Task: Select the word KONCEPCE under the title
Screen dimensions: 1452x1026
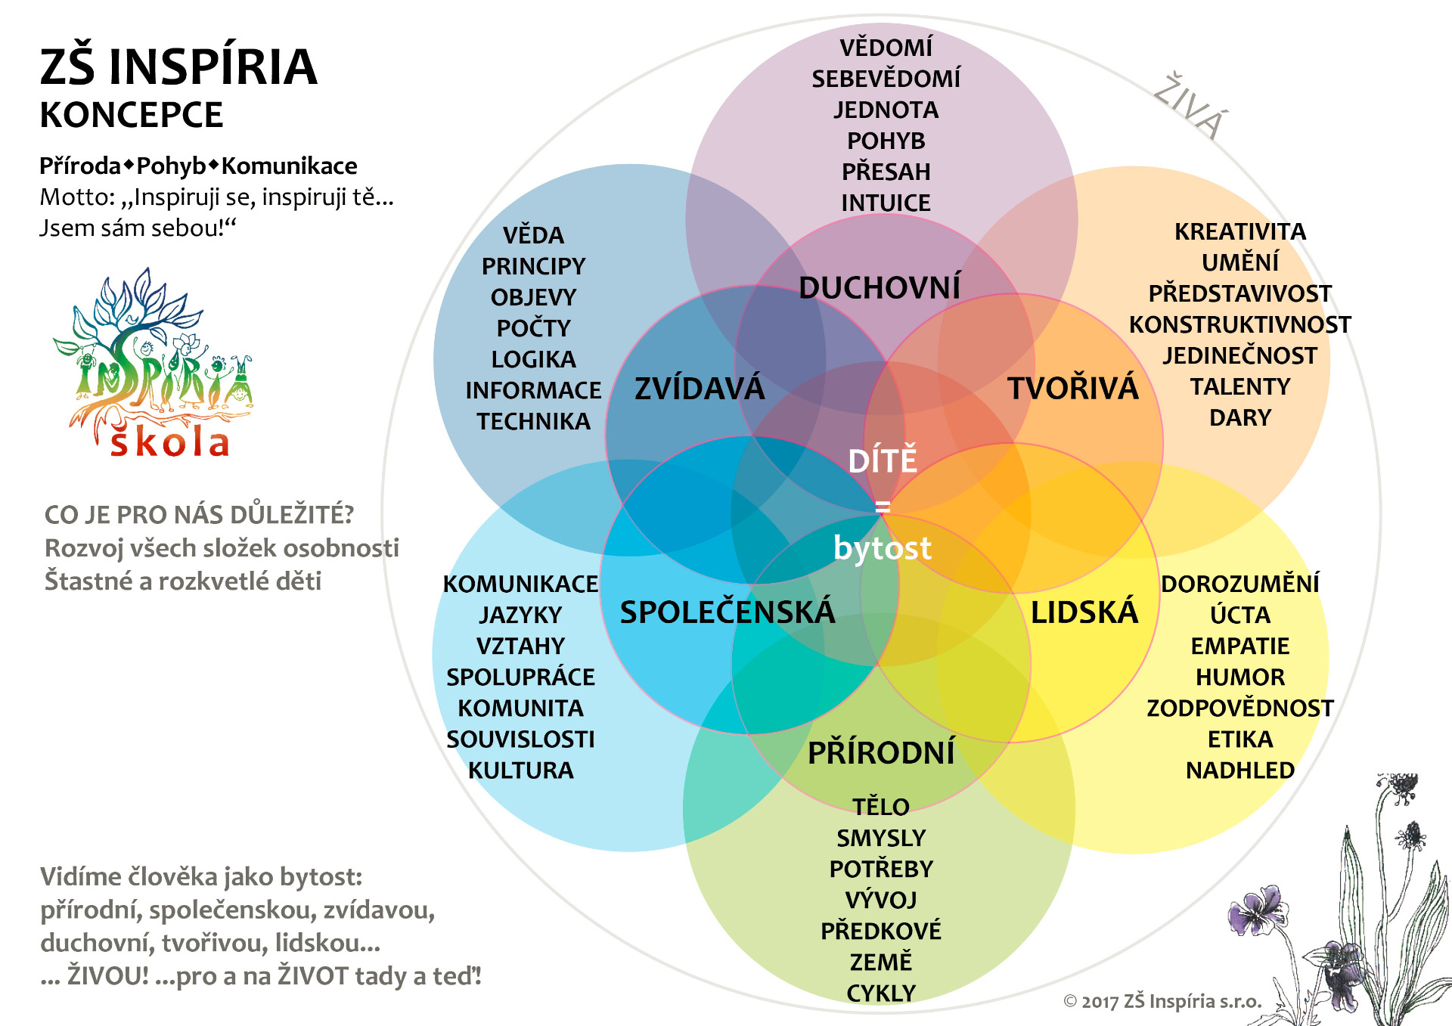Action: pyautogui.click(x=132, y=116)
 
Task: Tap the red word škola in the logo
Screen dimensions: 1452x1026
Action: pyautogui.click(x=169, y=442)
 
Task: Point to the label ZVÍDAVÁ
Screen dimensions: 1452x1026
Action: pyautogui.click(x=700, y=389)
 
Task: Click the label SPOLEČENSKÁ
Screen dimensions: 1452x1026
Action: pyautogui.click(x=728, y=611)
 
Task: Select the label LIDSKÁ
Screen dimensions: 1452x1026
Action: pyautogui.click(x=1084, y=611)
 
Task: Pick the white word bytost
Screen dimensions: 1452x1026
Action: pyautogui.click(x=883, y=548)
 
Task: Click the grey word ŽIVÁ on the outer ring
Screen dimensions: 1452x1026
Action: pyautogui.click(x=1191, y=107)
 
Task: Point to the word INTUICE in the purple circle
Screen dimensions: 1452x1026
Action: pyautogui.click(x=886, y=203)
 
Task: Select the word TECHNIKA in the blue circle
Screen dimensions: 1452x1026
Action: pyautogui.click(x=533, y=421)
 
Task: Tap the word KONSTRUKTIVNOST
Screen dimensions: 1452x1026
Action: pyautogui.click(x=1240, y=324)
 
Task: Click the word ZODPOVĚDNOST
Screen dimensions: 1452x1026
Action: pyautogui.click(x=1240, y=708)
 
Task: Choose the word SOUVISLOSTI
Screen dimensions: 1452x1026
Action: pyautogui.click(x=520, y=739)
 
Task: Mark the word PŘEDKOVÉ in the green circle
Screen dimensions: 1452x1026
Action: pyautogui.click(x=881, y=930)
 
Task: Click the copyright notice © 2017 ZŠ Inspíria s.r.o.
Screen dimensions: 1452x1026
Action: pyautogui.click(x=1163, y=1001)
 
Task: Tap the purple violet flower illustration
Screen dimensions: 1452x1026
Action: pyautogui.click(x=1255, y=911)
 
